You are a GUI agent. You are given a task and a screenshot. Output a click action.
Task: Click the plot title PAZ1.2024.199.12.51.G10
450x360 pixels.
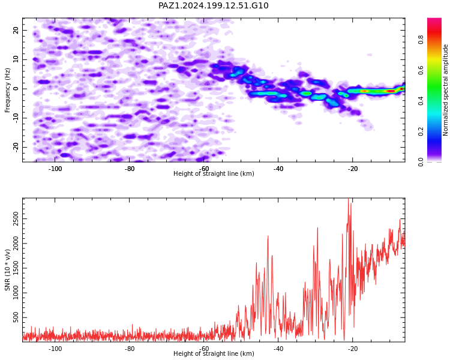213,5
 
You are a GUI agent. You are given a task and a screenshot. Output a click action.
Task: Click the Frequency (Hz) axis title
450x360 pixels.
7,90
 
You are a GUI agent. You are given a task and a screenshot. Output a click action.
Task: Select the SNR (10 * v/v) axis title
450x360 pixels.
7,270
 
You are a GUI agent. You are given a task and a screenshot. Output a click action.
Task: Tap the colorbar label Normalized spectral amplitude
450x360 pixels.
445,90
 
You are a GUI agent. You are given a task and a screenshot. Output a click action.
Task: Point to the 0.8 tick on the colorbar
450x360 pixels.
421,40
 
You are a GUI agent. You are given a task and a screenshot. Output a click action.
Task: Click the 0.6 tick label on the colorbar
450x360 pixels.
421,70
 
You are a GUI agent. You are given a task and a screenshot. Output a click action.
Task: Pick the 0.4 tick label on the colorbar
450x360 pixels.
421,101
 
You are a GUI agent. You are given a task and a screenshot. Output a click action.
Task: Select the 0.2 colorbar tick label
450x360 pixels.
421,131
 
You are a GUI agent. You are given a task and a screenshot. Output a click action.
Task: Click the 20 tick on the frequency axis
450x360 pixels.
16,30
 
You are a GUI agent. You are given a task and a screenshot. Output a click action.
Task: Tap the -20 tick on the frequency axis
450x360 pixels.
16,147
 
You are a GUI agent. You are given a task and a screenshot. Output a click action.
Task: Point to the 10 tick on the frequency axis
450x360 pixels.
16,59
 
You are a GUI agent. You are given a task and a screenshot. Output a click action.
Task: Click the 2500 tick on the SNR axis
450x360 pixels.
16,219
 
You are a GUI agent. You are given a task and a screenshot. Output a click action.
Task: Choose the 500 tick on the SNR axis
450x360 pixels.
16,317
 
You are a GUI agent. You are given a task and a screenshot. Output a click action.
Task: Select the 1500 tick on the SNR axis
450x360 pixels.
16,268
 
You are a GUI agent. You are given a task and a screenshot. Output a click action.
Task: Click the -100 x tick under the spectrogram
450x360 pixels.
55,169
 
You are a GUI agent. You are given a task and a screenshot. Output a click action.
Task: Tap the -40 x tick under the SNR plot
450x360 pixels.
278,349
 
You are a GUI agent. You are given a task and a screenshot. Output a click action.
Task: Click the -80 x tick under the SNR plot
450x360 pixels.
130,349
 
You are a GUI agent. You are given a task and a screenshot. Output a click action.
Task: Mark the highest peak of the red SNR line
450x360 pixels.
349,199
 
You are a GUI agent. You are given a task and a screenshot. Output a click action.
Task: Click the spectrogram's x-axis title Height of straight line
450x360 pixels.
214,173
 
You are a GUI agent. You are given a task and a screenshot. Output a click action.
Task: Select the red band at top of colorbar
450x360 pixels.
434,29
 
